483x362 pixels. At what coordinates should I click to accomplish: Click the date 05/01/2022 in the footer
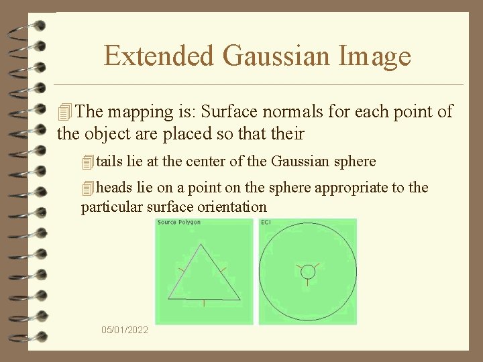pyautogui.click(x=125, y=330)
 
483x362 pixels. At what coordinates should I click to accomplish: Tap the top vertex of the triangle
pyautogui.click(x=200, y=245)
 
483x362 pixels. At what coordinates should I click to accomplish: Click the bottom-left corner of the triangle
pyautogui.click(x=168, y=298)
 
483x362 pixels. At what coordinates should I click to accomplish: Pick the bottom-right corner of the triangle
pyautogui.click(x=239, y=299)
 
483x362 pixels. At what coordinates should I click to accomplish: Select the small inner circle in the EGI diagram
pyautogui.click(x=308, y=271)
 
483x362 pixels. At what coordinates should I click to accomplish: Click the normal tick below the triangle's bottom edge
pyautogui.click(x=204, y=302)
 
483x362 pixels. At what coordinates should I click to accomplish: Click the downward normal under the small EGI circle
pyautogui.click(x=308, y=282)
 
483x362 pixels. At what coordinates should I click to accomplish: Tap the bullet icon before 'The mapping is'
pyautogui.click(x=64, y=112)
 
